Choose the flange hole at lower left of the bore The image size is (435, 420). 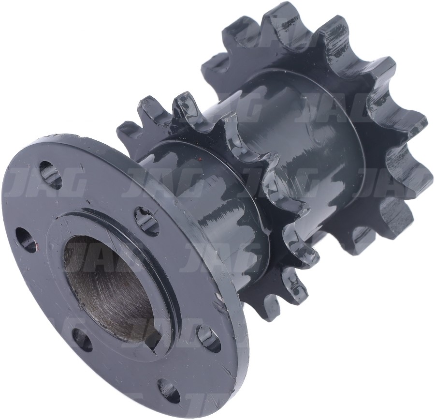click(81, 340)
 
